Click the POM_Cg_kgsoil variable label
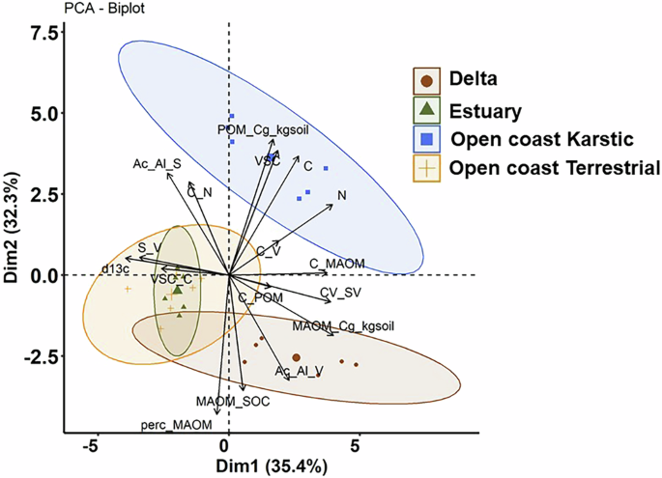pos(263,127)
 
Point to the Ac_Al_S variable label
pos(157,165)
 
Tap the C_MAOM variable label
pos(334,263)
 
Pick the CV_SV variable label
pos(341,293)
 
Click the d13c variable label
pos(115,267)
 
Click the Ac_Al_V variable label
pos(299,370)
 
